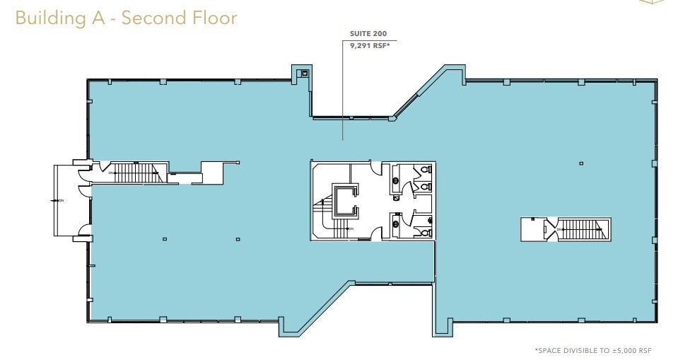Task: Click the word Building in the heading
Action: [45, 18]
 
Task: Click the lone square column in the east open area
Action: [580, 163]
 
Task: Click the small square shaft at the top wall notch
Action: [305, 73]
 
